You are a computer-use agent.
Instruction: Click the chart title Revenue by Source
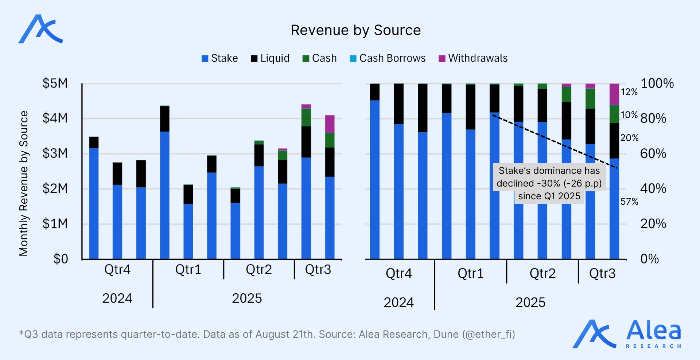pos(355,30)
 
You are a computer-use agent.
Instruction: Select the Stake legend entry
pos(219,58)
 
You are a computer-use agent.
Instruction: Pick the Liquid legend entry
pos(270,58)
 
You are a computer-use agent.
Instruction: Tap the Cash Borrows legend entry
pos(388,58)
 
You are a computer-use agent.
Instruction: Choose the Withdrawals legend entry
pos(473,58)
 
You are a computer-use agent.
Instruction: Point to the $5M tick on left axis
pos(55,83)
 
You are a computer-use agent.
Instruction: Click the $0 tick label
pos(61,259)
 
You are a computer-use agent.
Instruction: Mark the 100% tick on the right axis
pos(657,83)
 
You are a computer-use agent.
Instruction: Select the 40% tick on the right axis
pos(653,189)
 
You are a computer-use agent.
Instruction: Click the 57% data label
pos(629,201)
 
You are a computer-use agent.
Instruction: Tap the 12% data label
pos(629,92)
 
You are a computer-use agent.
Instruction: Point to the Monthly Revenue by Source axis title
pos(24,183)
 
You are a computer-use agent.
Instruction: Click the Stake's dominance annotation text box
pos(549,183)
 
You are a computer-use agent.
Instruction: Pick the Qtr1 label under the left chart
pos(188,270)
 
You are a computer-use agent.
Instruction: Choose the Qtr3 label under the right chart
pos(602,273)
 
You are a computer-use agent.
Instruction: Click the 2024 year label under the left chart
pos(117,298)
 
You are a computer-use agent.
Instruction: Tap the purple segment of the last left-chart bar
pos(330,124)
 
